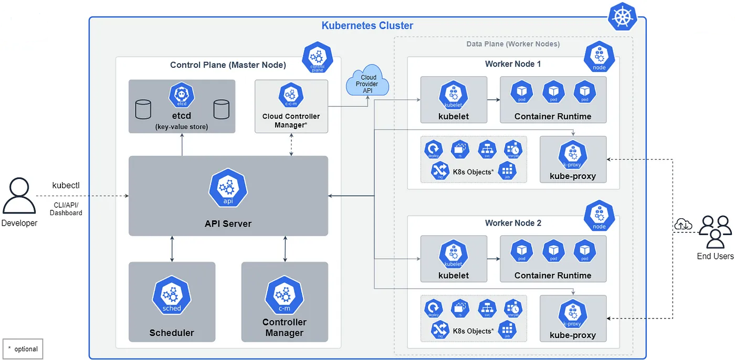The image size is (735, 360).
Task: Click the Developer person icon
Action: pyautogui.click(x=19, y=196)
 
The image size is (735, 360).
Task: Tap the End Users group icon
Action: pyautogui.click(x=716, y=231)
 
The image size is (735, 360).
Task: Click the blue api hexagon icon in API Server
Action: pyautogui.click(x=228, y=188)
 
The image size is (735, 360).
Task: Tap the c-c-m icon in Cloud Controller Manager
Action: pyautogui.click(x=291, y=95)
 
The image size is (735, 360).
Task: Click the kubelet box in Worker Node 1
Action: pyautogui.click(x=454, y=100)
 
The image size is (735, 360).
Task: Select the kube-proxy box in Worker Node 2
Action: pyautogui.click(x=573, y=319)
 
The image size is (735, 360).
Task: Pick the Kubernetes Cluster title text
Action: pyautogui.click(x=367, y=25)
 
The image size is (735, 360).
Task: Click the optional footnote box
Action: pyautogui.click(x=23, y=349)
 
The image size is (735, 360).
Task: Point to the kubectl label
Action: pyautogui.click(x=66, y=186)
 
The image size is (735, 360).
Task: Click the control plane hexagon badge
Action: pyautogui.click(x=318, y=58)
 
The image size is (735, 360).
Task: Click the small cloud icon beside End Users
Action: pyautogui.click(x=683, y=225)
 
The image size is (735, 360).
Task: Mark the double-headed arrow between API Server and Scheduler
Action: pyautogui.click(x=172, y=249)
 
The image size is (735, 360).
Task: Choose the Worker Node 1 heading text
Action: pyautogui.click(x=513, y=64)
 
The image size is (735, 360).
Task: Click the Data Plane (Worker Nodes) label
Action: pyautogui.click(x=513, y=44)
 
